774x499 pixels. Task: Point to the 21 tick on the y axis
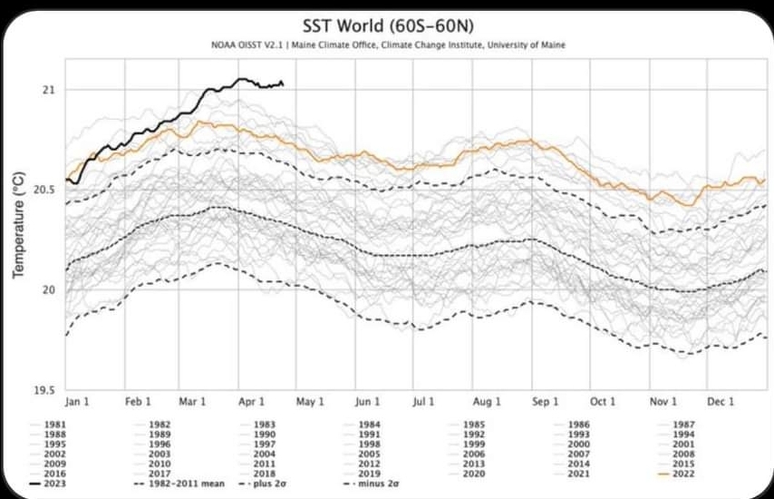tap(48, 90)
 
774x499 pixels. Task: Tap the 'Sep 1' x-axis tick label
tap(545, 401)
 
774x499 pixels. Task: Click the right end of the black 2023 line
tap(284, 84)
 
